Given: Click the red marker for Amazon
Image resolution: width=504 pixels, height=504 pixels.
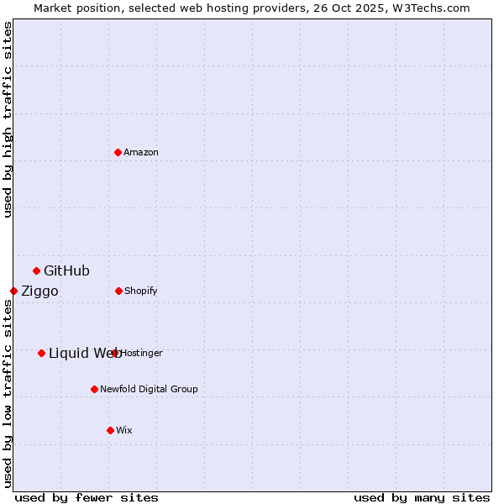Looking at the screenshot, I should click(118, 152).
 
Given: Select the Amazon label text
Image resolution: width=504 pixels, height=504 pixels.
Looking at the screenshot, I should click(141, 152).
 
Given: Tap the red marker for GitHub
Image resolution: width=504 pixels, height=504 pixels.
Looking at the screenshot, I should click(36, 270).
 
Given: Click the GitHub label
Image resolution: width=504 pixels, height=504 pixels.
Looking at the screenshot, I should click(66, 270).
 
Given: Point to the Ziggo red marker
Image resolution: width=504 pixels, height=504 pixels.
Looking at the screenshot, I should click(13, 291).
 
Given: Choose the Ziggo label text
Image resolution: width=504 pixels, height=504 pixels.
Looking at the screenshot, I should click(39, 291).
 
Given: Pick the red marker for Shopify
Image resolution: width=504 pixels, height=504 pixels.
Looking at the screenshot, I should click(118, 291).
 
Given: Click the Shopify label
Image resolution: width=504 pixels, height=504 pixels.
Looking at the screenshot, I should click(141, 291).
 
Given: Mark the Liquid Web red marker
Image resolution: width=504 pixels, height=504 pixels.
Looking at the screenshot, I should click(41, 353).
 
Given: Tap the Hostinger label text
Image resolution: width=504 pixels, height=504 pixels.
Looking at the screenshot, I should click(142, 353).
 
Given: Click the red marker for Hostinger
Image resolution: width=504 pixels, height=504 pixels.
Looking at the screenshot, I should click(115, 353).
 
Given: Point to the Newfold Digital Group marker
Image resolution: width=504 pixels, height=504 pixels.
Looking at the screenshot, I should click(94, 389).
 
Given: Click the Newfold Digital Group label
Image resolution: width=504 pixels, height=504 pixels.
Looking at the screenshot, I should click(149, 389).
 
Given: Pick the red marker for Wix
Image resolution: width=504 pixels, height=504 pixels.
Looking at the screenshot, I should click(110, 430).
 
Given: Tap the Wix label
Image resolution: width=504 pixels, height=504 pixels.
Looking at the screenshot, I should click(124, 430).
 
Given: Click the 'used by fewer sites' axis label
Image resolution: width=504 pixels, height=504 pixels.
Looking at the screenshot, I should click(87, 497).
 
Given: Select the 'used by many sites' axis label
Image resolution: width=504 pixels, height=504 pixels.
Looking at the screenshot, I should click(422, 497).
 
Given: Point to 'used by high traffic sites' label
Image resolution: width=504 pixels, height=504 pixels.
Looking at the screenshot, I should click(8, 119).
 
